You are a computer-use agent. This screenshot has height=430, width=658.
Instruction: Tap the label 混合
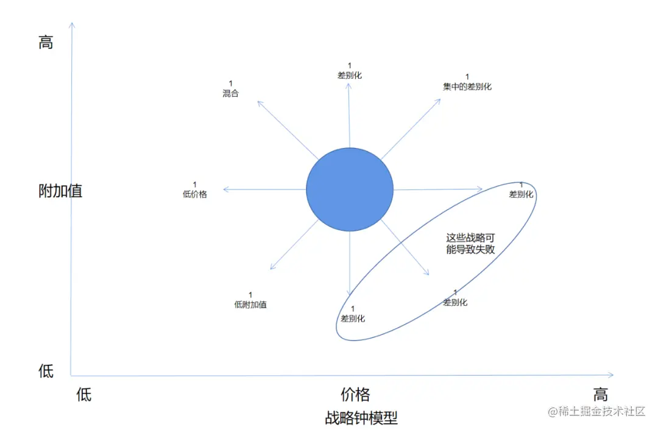pyautogui.click(x=230, y=94)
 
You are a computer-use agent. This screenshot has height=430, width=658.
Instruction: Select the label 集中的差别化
pyautogui.click(x=467, y=86)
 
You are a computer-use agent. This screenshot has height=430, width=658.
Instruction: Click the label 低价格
pyautogui.click(x=195, y=195)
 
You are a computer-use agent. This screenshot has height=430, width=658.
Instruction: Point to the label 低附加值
pyautogui.click(x=250, y=305)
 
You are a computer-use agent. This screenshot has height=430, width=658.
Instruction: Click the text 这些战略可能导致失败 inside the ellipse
pyautogui.click(x=470, y=244)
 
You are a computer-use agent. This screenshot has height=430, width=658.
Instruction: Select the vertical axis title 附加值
pyautogui.click(x=60, y=191)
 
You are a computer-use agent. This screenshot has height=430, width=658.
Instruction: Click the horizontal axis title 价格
pyautogui.click(x=355, y=394)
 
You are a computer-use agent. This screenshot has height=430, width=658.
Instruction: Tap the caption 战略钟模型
pyautogui.click(x=361, y=418)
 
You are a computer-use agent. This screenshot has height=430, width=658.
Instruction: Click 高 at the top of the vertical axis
pyautogui.click(x=46, y=43)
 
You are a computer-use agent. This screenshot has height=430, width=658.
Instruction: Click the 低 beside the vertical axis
pyautogui.click(x=46, y=371)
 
